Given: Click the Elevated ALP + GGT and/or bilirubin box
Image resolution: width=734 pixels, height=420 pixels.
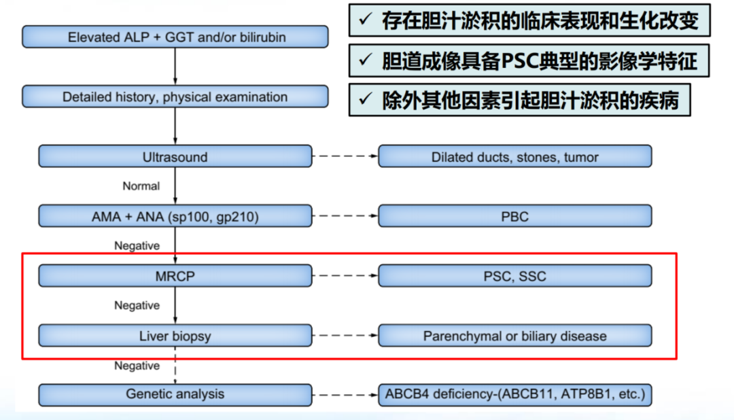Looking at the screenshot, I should point(175,37).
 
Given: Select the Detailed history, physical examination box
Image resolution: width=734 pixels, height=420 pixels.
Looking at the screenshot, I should point(175,97).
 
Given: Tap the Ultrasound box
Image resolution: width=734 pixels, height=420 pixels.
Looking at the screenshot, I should point(175,157).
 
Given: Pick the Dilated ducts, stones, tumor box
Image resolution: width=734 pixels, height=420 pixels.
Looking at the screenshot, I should point(514,157).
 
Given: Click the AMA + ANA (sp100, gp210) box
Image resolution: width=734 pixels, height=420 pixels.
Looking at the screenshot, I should point(175,217).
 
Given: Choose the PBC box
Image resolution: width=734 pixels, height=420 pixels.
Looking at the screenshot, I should point(514,217).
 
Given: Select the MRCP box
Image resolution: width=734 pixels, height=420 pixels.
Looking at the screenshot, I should point(175,277).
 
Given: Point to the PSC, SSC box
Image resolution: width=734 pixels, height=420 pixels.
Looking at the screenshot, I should point(514,277).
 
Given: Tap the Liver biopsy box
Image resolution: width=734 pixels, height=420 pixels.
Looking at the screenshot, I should point(175,336).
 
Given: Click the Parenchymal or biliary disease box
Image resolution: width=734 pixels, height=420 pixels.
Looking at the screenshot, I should point(514,336).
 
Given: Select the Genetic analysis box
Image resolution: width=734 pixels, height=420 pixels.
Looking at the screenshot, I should point(175,394).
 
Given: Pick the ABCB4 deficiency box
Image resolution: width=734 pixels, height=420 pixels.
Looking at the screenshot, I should point(514,394).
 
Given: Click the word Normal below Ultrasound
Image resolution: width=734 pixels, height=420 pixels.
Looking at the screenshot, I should point(141,186).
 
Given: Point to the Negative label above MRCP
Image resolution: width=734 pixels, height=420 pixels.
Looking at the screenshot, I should point(137,246).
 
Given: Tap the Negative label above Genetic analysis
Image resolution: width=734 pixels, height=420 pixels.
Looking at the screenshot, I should point(137,366).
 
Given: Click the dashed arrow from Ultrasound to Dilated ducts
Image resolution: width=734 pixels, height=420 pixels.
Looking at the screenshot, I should point(345,157).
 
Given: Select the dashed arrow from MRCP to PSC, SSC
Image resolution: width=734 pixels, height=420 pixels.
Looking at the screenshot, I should point(345,277).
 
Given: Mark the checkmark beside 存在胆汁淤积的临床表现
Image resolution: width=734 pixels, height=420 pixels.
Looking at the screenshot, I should point(365,20).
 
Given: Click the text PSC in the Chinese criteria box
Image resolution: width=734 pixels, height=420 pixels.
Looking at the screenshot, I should point(519,61).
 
